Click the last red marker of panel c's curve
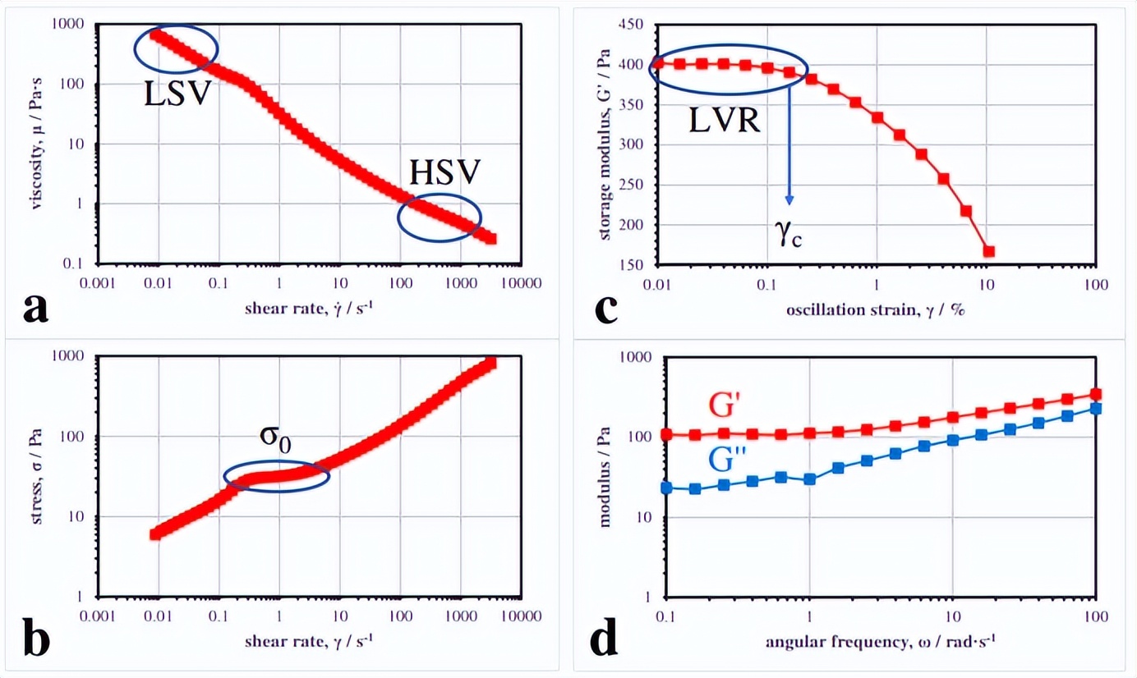[x=988, y=251]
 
